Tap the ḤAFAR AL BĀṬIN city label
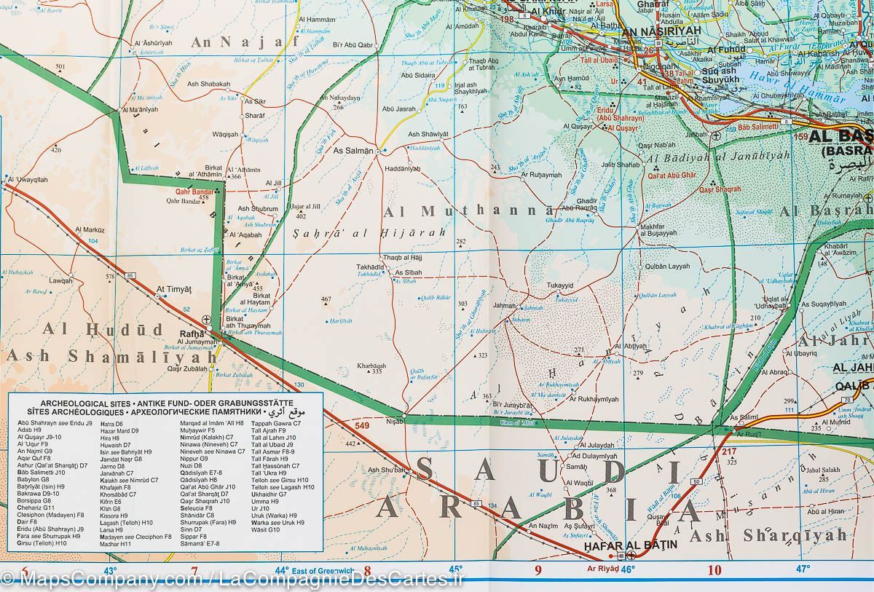pyautogui.click(x=631, y=544)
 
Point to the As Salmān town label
pyautogui.click(x=353, y=151)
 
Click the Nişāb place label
pyautogui.click(x=394, y=421)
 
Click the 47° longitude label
pyautogui.click(x=802, y=568)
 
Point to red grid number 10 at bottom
pyautogui.click(x=714, y=570)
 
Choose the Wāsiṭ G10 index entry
pyautogui.click(x=265, y=529)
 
